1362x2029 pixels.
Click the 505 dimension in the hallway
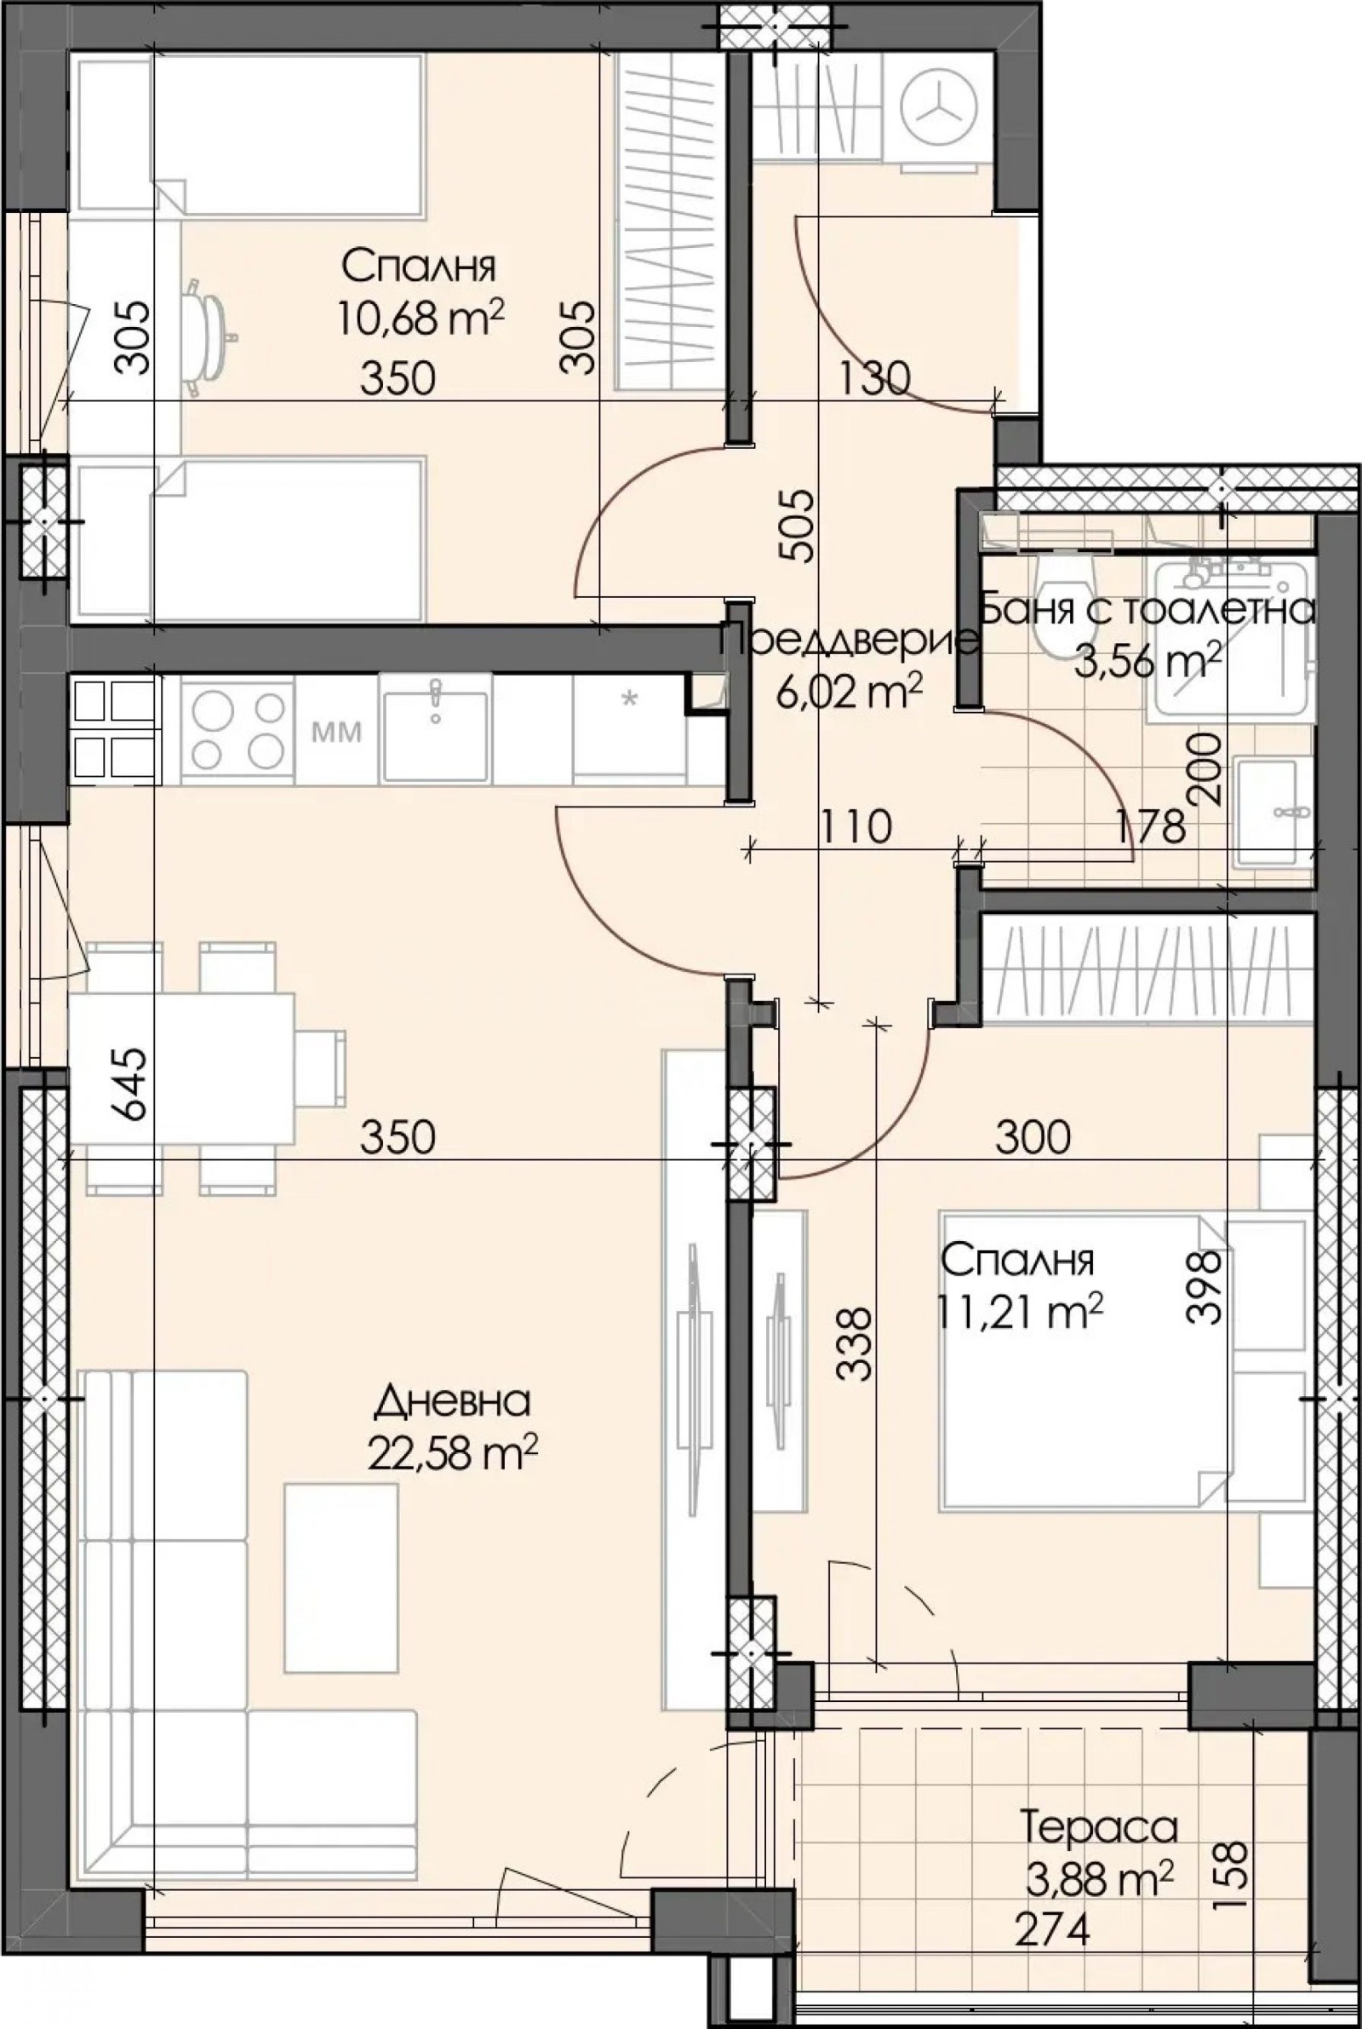pyautogui.click(x=797, y=526)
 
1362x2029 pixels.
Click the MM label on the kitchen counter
pyautogui.click(x=336, y=733)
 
